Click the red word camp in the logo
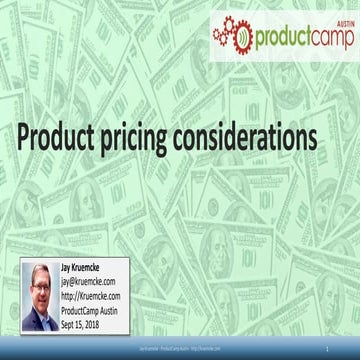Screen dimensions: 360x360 [x=330, y=36]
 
